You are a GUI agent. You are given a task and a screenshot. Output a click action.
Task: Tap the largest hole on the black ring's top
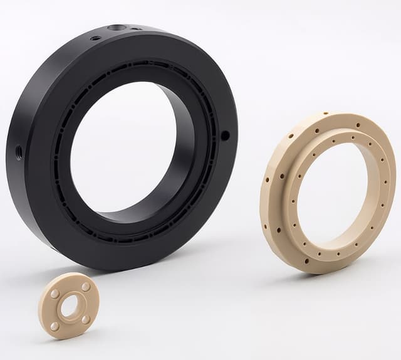[117, 28]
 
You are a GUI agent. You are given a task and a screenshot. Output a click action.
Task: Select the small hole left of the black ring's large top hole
[95, 38]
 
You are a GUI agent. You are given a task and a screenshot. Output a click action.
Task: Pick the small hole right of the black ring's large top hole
[135, 29]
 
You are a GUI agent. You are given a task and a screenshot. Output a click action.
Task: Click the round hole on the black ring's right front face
[225, 135]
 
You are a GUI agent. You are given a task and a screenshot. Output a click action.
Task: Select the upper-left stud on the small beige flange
[55, 294]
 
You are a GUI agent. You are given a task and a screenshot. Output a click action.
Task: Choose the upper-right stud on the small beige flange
[85, 287]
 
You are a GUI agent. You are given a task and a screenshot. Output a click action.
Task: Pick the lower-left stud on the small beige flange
[55, 326]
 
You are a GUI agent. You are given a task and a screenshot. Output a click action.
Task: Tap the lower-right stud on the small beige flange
[85, 319]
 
